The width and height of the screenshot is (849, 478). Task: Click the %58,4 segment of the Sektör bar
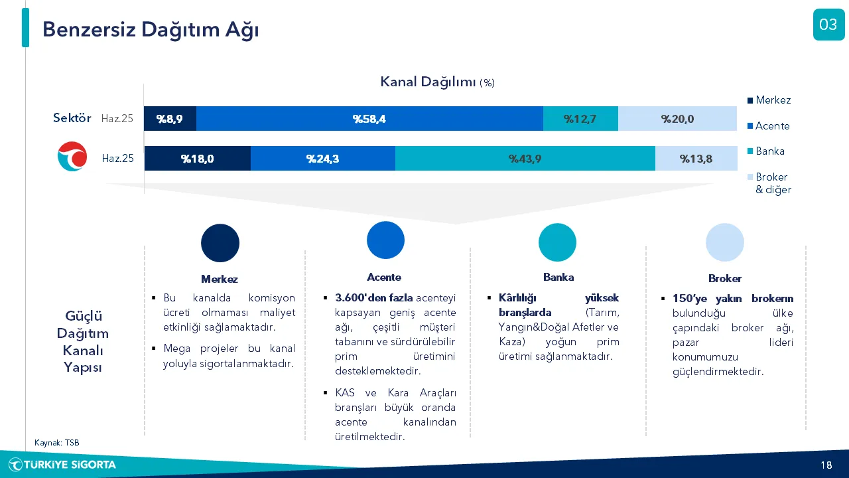tap(369, 119)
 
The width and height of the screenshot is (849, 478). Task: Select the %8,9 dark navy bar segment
tap(170, 119)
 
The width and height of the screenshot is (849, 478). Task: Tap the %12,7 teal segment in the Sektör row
tap(580, 119)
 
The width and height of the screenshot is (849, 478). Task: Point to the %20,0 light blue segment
tap(678, 119)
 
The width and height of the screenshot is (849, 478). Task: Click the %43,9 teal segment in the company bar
tap(525, 158)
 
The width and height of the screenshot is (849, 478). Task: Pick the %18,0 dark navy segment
tap(198, 158)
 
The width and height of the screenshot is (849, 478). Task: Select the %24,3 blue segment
tap(323, 158)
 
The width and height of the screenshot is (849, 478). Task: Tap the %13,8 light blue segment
tap(696, 158)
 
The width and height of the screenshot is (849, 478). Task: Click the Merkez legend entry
tap(769, 100)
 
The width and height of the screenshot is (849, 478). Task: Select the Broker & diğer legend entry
tap(769, 183)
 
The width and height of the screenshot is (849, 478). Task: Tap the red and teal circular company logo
tap(72, 156)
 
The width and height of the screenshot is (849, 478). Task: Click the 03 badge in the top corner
tap(828, 25)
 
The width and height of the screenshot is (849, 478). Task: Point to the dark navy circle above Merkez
tap(220, 243)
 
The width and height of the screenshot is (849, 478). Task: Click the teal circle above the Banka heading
tap(557, 242)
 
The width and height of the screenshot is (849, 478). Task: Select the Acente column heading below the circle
tap(384, 278)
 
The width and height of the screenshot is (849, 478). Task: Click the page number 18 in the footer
tap(826, 465)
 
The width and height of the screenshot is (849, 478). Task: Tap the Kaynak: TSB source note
tap(57, 443)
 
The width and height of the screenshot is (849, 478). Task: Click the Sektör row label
tap(72, 118)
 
